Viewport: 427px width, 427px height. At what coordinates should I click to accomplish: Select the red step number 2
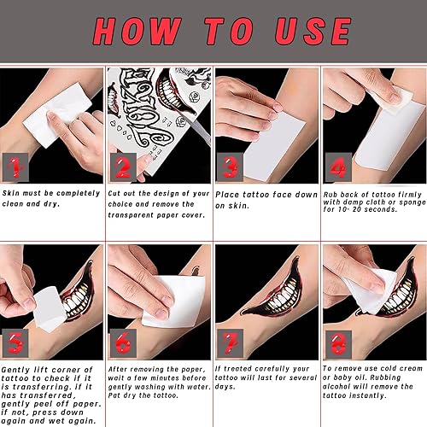coord(122,165)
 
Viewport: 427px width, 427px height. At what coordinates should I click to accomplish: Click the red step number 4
coord(336,165)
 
